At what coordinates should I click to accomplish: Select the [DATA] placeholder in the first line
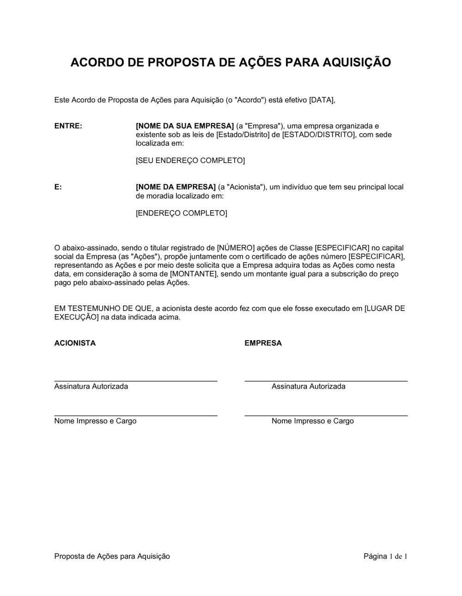(x=321, y=100)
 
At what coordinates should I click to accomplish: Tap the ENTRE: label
(x=68, y=126)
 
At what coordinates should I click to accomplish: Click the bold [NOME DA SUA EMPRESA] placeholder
(x=185, y=126)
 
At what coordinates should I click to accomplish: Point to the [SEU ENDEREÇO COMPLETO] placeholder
(x=190, y=161)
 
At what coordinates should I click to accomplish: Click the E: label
(x=58, y=187)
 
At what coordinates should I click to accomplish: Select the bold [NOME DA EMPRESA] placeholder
(x=176, y=187)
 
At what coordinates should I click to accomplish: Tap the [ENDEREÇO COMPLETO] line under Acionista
(x=181, y=213)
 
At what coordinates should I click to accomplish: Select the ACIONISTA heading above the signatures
(x=75, y=343)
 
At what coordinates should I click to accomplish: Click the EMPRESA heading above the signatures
(x=263, y=343)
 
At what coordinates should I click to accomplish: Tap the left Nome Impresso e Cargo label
(x=95, y=421)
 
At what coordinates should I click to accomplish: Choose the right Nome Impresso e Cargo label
(x=312, y=421)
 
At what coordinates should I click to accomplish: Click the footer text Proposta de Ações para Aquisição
(x=112, y=556)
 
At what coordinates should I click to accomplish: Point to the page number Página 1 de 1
(x=385, y=556)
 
